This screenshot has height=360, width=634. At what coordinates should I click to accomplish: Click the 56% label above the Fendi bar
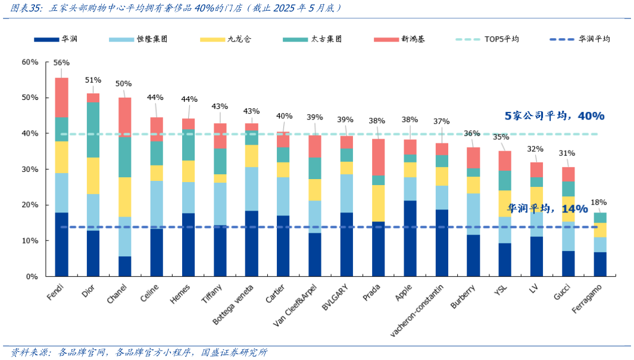pos(61,62)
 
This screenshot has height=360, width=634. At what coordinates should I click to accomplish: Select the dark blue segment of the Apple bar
pos(410,238)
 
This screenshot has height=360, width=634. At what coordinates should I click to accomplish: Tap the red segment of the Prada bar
pos(379,157)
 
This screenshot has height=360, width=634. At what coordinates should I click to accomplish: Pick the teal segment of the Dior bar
pos(93,130)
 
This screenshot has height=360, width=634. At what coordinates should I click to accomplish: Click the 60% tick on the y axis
pos(30,62)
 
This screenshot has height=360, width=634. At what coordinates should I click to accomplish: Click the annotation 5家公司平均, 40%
pos(554,115)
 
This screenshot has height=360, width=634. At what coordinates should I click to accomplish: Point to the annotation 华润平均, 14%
pos(547,208)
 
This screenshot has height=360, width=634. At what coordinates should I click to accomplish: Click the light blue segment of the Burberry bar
pos(473,214)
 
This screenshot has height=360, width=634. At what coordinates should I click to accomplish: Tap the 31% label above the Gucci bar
pos(567,153)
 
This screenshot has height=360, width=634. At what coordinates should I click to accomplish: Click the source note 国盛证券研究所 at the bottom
pos(235,352)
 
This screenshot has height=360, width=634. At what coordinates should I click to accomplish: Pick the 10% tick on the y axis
pos(30,241)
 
